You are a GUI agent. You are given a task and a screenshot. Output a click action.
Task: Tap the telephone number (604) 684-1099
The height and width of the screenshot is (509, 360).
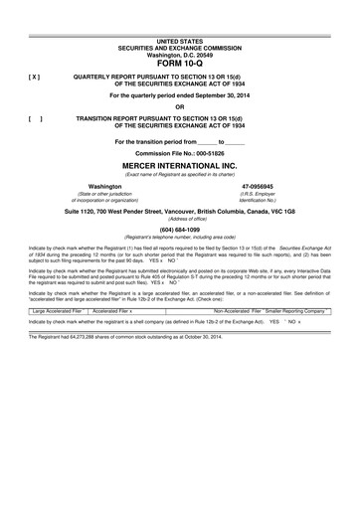tap(179, 230)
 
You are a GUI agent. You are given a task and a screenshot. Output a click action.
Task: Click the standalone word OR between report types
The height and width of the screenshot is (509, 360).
tap(179, 106)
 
